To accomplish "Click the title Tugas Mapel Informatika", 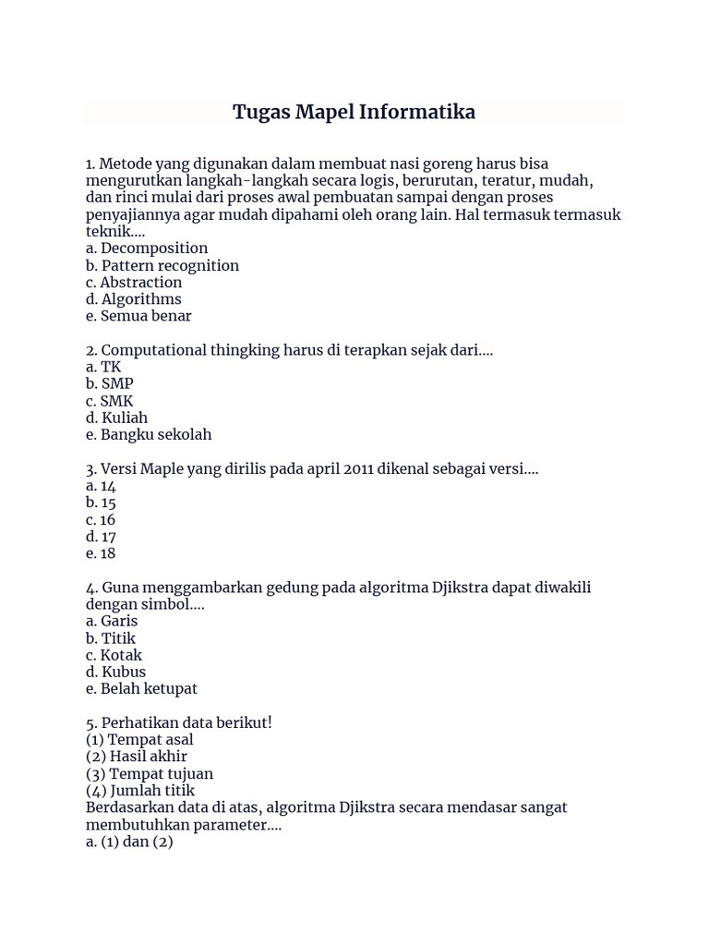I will click(354, 113).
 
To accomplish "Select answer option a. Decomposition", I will click(147, 249).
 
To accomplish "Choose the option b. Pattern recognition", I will click(162, 265).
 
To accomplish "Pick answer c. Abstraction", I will click(134, 283).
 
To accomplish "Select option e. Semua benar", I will click(138, 316).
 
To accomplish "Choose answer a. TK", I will click(103, 367).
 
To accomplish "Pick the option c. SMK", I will click(110, 401).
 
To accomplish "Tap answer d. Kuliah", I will click(116, 418).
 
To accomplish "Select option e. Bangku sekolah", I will click(149, 434).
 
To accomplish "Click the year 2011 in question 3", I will click(362, 469).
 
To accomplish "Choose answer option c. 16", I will click(101, 520).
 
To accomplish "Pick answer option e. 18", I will click(101, 553).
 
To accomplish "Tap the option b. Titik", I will click(111, 638).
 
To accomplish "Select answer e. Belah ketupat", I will click(141, 689).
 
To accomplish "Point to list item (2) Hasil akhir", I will click(137, 757).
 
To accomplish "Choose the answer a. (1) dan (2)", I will click(129, 842).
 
